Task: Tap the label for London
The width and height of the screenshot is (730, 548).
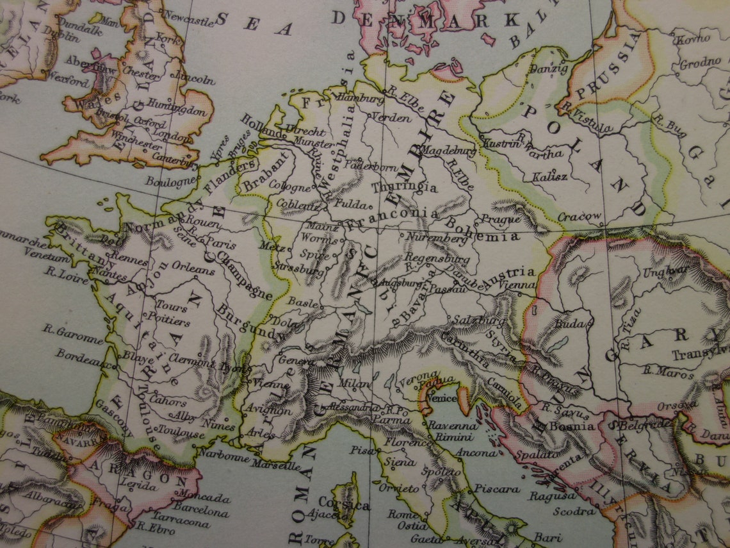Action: click(172, 137)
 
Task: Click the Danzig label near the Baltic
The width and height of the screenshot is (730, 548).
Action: click(535, 69)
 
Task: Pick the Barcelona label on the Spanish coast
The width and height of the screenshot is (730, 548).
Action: click(201, 512)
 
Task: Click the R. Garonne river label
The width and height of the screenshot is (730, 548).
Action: click(73, 332)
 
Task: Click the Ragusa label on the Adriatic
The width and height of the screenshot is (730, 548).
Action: click(551, 495)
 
